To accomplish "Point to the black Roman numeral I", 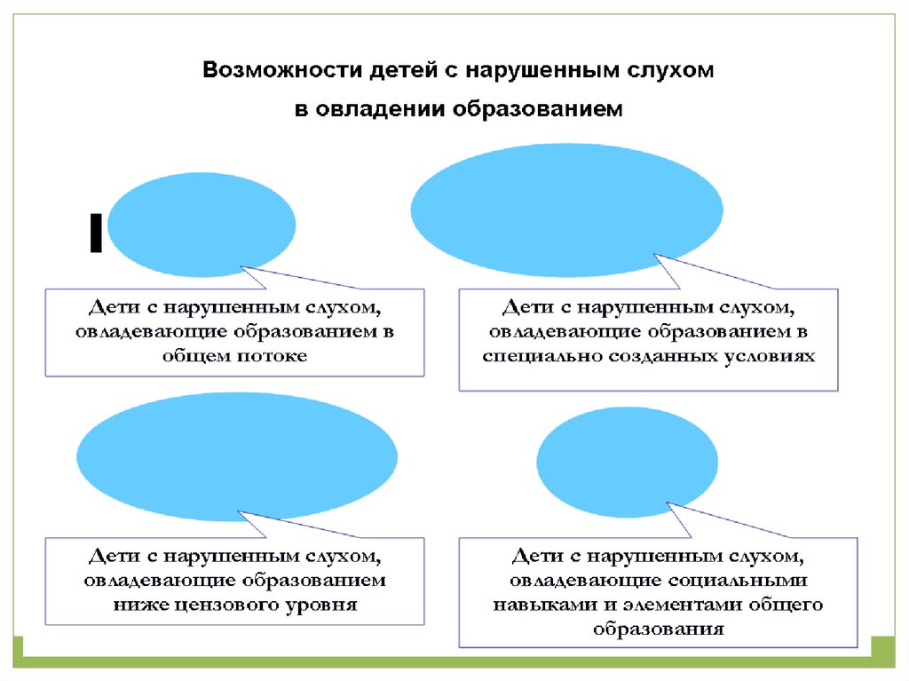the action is pyautogui.click(x=95, y=234).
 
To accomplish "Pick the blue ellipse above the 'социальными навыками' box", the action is pyautogui.click(x=627, y=459).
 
